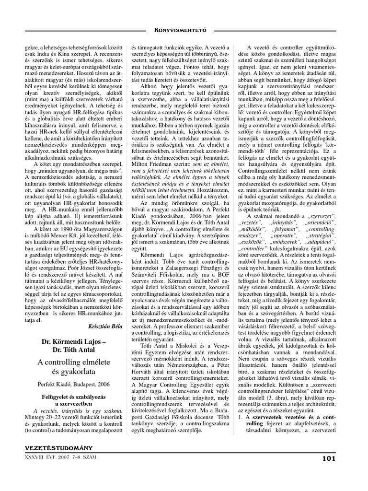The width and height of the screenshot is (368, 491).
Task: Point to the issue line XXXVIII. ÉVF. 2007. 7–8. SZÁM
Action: pos(62,457)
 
